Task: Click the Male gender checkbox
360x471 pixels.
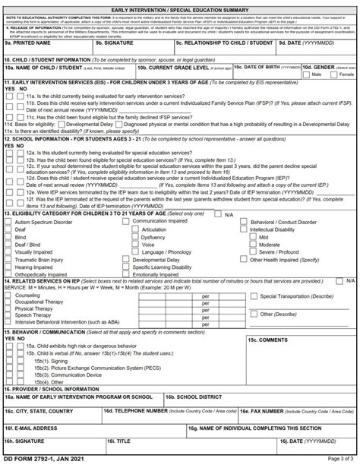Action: [x=306, y=75]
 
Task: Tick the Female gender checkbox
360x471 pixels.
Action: [x=333, y=75]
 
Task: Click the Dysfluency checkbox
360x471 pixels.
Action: [x=136, y=236]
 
